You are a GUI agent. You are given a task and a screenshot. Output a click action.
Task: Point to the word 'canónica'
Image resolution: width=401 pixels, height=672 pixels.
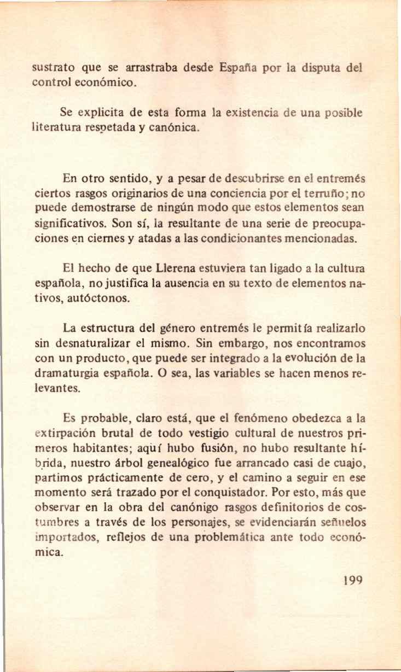pos(168,129)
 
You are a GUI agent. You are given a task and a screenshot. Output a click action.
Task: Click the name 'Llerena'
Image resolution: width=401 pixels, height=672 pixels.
pos(173,269)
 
